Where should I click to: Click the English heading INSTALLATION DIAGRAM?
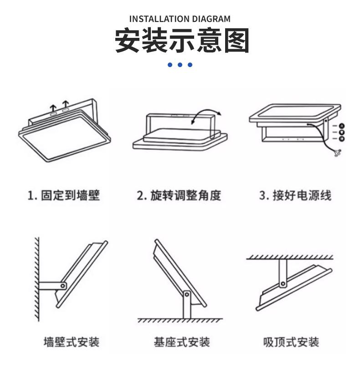pos(180,19)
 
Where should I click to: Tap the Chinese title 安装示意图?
pos(181,41)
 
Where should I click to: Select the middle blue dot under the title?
pos(180,65)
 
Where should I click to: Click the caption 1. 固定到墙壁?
pos(63,196)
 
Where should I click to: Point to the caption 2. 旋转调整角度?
pos(179,196)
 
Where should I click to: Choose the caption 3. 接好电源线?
pos(295,196)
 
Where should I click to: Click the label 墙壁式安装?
pos(71,342)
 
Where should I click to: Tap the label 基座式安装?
pos(181,342)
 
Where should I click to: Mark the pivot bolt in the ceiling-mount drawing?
pos(283,284)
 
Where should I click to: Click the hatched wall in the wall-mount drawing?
pos(36,278)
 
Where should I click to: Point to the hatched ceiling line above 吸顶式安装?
pos(290,258)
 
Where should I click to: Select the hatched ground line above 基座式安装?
pos(180,321)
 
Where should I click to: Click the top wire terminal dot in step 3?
pos(342,125)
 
